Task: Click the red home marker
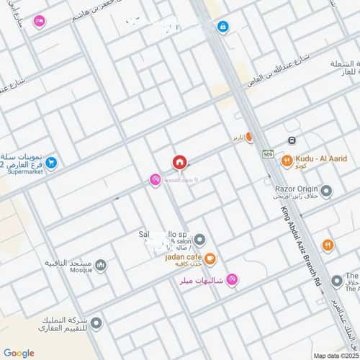[179, 163]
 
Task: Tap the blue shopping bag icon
[223, 27]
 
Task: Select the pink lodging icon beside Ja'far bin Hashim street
[39, 22]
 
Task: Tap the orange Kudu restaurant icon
[287, 161]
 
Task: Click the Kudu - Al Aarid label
[320, 157]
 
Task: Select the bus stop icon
[292, 140]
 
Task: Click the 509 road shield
[268, 154]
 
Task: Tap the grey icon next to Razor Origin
[326, 191]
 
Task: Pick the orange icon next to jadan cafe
[210, 258]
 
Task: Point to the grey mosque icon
[101, 266]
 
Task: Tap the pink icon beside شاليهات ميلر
[231, 280]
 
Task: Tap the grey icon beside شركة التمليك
[96, 323]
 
